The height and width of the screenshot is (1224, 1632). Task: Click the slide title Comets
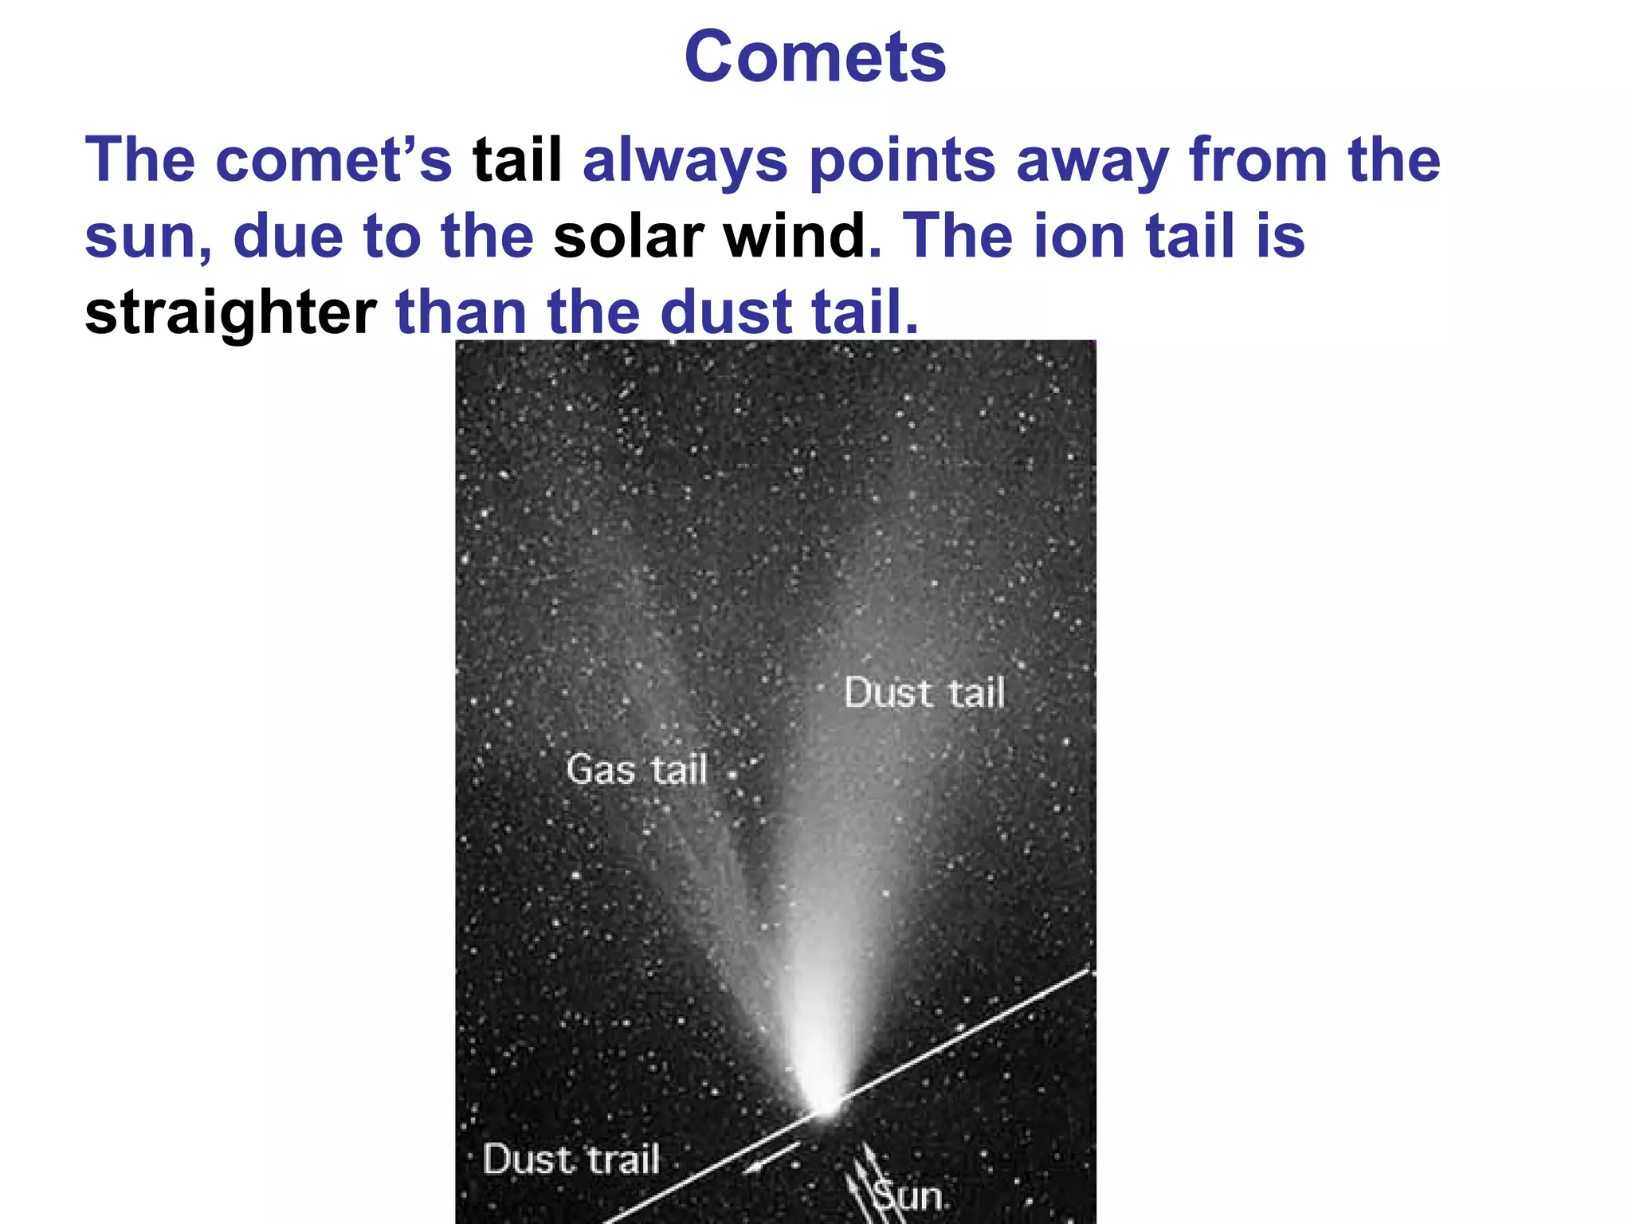tap(814, 57)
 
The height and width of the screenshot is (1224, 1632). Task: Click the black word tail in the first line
tap(517, 160)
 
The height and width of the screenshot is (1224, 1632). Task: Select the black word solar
tap(629, 237)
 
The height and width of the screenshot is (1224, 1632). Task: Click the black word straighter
tap(230, 312)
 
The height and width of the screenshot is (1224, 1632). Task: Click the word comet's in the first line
tap(333, 160)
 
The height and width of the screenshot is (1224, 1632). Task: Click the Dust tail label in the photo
tap(924, 692)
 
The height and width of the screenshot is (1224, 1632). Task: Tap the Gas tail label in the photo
tap(637, 770)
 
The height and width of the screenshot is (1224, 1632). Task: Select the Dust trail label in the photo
tap(571, 1159)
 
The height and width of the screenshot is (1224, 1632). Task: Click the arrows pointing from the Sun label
tap(864, 1179)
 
